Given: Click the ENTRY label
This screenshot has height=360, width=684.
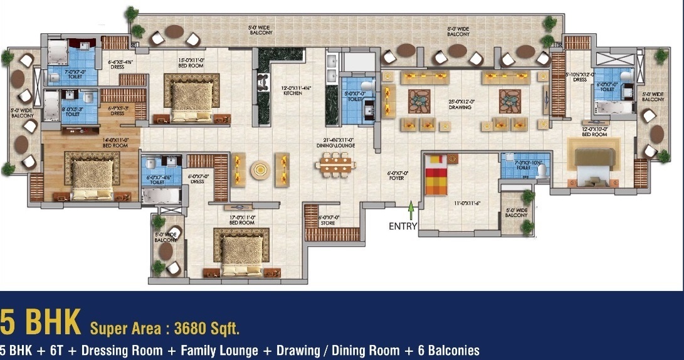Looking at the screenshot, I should click(403, 226).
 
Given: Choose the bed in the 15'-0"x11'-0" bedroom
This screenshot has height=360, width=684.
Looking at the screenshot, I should click(192, 95).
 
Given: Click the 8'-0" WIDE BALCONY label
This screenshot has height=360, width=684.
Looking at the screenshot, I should click(458, 31).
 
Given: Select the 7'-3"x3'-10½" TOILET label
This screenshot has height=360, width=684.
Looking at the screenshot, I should click(523, 165).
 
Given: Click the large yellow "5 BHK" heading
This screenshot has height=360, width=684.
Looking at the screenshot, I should click(41, 323).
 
